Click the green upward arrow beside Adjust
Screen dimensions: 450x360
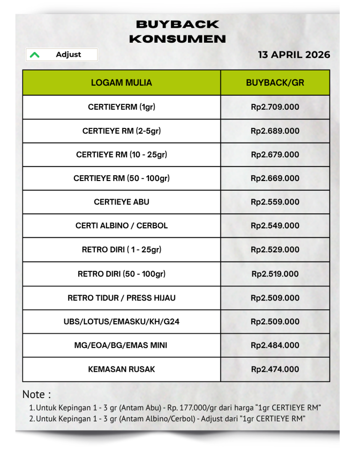click(x=34, y=55)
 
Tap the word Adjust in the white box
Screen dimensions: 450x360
click(x=68, y=54)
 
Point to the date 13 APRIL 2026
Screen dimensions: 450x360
click(x=294, y=55)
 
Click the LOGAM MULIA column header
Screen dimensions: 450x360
click(x=121, y=83)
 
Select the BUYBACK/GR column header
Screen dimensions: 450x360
click(x=275, y=83)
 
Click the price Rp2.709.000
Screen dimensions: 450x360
click(x=275, y=107)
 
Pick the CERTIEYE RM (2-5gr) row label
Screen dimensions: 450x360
click(x=121, y=131)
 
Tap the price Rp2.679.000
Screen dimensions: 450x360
click(x=275, y=155)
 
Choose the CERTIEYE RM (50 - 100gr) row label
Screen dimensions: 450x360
click(x=121, y=178)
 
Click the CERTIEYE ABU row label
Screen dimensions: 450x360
click(x=121, y=202)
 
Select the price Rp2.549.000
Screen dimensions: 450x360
click(x=275, y=225)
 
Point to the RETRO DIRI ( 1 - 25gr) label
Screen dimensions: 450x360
click(x=121, y=249)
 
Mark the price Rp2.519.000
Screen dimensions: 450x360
click(x=275, y=274)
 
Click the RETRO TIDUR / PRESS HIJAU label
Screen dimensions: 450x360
click(x=121, y=298)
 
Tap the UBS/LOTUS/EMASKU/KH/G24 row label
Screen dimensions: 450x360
click(x=121, y=322)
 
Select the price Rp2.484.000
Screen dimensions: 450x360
click(x=275, y=345)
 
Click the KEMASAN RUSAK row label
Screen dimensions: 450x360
click(x=121, y=369)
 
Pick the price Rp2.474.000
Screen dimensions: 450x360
click(x=275, y=369)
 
